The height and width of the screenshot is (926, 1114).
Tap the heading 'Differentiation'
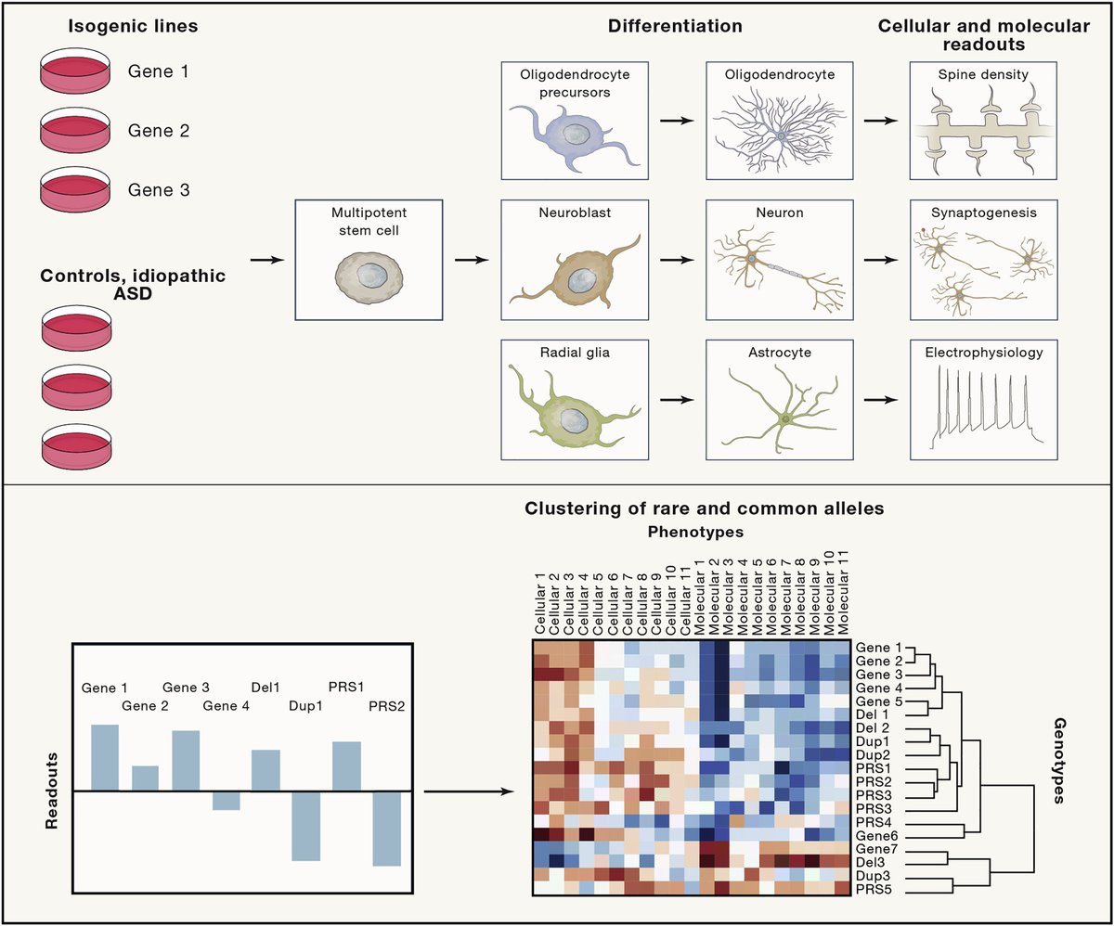click(x=675, y=26)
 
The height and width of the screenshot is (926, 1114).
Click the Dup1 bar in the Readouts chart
click(x=306, y=826)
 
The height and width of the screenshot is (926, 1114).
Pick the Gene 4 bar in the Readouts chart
click(x=226, y=800)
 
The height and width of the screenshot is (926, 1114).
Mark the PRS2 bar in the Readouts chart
click(x=388, y=828)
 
